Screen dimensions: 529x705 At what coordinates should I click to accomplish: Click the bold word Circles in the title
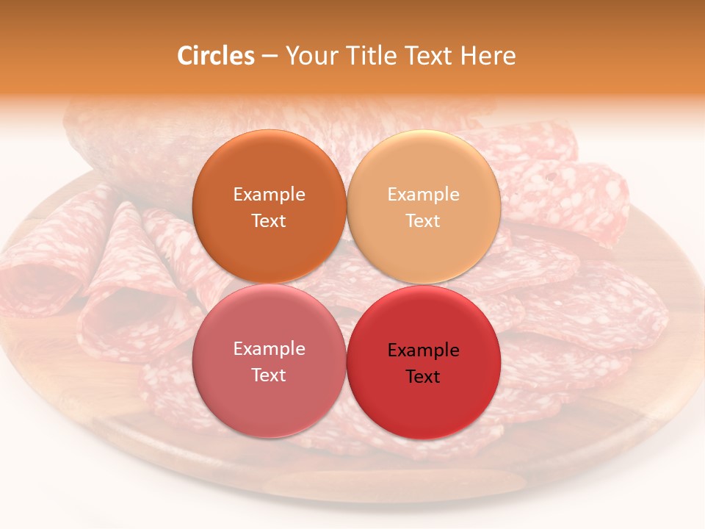point(215,56)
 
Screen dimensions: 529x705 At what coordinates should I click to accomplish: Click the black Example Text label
point(423,363)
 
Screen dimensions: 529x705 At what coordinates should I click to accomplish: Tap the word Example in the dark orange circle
point(269,195)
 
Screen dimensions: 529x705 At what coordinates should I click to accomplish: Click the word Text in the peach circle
point(423,221)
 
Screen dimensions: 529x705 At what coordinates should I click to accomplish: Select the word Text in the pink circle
point(269,375)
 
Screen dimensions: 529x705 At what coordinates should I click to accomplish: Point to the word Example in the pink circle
point(269,349)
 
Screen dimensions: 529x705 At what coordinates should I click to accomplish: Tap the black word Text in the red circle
point(423,377)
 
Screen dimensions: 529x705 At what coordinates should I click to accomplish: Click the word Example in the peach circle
point(423,195)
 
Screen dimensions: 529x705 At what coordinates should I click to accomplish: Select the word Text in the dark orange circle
point(269,221)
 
